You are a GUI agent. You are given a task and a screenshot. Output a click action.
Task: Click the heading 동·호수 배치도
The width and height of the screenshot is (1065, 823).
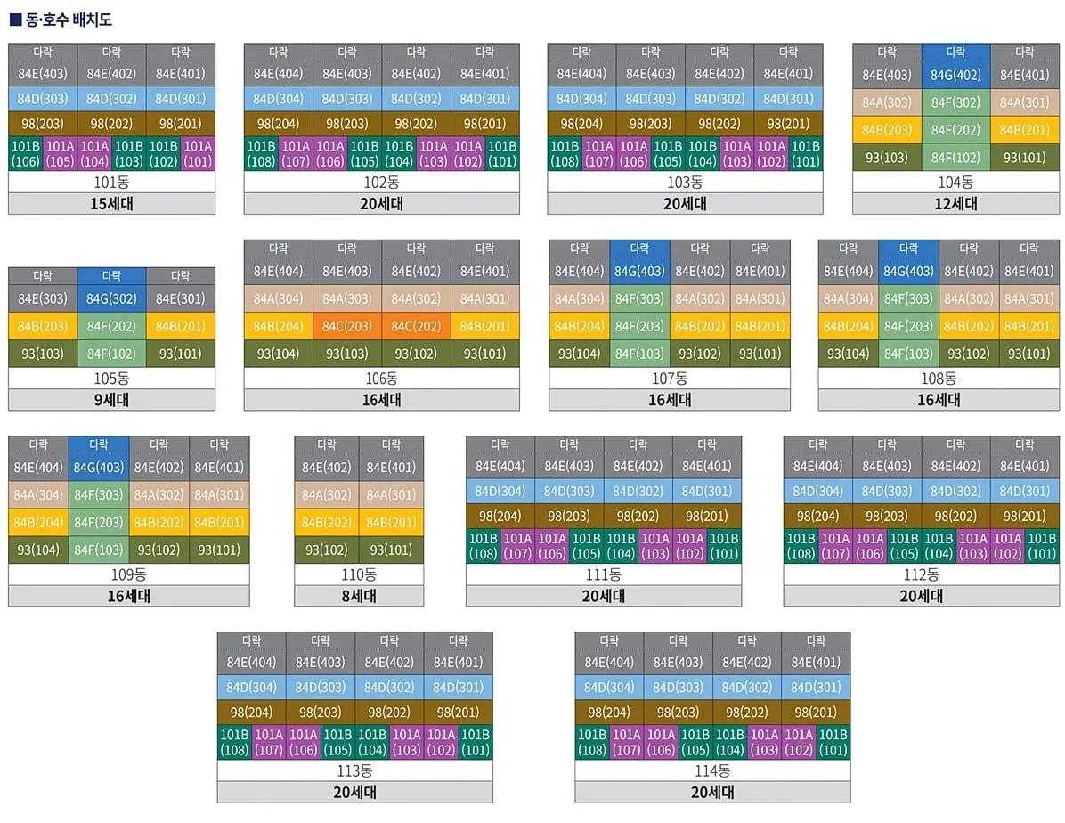click(61, 19)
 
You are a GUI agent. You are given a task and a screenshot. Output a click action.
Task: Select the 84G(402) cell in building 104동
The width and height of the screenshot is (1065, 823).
click(955, 75)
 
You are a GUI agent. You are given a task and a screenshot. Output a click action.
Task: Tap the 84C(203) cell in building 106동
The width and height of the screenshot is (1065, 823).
click(346, 326)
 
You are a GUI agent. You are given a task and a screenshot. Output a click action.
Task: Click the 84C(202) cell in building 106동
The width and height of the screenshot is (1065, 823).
click(416, 326)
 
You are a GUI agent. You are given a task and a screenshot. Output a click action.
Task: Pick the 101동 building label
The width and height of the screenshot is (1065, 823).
click(112, 183)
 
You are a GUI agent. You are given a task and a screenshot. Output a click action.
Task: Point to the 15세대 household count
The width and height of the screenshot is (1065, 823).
click(112, 203)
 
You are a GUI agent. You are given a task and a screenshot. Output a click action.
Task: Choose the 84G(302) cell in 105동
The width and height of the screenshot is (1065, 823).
click(111, 298)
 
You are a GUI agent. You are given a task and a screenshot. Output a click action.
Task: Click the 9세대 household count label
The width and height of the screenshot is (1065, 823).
click(112, 400)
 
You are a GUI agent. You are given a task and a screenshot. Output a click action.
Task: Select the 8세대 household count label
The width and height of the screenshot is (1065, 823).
click(359, 596)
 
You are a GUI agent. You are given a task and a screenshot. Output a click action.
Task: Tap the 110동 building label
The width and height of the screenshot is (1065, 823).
click(359, 574)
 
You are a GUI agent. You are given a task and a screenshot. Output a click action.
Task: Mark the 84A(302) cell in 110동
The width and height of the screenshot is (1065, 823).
click(327, 494)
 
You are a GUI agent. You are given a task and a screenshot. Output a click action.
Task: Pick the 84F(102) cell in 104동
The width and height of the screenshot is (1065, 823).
click(955, 159)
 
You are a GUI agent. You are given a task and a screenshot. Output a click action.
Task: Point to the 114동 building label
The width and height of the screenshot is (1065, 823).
click(712, 770)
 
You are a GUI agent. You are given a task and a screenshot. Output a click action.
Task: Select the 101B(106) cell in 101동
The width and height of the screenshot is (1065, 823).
click(26, 153)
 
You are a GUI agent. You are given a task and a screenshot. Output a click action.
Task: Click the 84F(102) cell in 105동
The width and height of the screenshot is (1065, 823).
click(111, 354)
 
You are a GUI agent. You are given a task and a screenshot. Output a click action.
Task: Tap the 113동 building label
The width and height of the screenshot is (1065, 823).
click(354, 770)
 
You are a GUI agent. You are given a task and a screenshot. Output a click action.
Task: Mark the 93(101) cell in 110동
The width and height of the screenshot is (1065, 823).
click(391, 550)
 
